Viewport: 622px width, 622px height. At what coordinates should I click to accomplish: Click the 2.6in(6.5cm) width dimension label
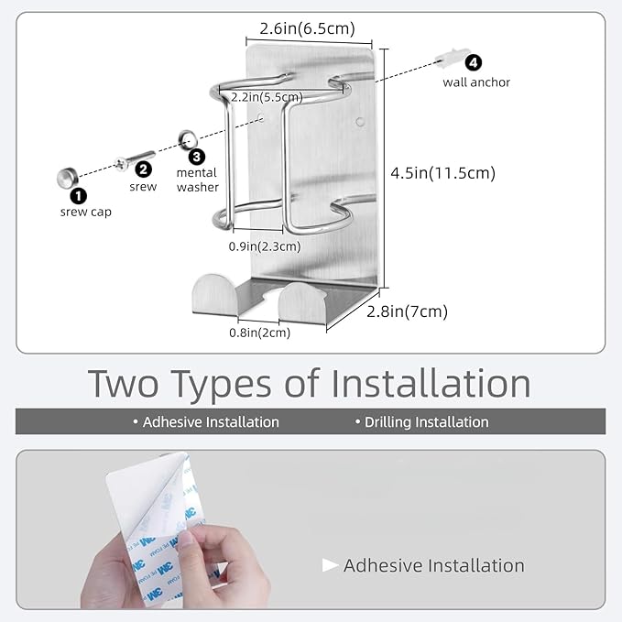click(x=307, y=28)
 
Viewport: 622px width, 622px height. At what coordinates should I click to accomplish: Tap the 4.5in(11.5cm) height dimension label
click(x=443, y=173)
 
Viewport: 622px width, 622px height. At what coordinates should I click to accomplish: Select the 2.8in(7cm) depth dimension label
click(x=407, y=311)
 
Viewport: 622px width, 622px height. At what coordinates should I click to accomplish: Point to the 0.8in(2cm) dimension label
click(x=260, y=333)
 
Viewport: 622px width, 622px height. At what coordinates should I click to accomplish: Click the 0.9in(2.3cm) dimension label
click(x=265, y=246)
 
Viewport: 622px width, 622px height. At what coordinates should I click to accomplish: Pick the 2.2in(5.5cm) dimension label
click(x=267, y=97)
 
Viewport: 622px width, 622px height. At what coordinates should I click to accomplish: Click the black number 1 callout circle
click(x=79, y=195)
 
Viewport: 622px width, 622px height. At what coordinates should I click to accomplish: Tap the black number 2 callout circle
click(x=143, y=169)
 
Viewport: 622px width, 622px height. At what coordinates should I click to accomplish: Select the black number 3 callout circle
click(x=197, y=157)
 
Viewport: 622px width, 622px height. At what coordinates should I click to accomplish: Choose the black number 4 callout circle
click(x=474, y=62)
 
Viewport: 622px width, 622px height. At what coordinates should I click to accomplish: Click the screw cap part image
click(x=68, y=178)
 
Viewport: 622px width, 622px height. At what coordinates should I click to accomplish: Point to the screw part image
click(x=135, y=159)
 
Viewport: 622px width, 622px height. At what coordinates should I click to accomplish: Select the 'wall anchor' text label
click(x=476, y=82)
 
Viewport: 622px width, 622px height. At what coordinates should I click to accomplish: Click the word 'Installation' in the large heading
click(x=431, y=384)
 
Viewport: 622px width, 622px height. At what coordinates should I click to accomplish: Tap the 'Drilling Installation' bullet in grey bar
click(x=422, y=422)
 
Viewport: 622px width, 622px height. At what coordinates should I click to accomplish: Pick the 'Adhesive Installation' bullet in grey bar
click(x=206, y=422)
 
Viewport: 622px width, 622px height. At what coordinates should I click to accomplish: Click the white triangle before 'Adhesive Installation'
click(x=330, y=565)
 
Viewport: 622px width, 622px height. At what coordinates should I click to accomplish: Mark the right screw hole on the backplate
click(x=360, y=122)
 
